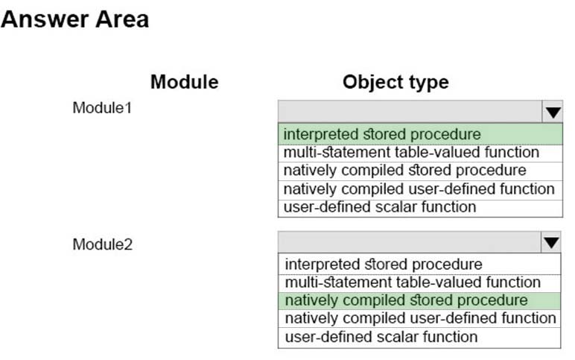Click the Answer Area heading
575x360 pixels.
pyautogui.click(x=74, y=19)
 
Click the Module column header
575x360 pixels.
pyautogui.click(x=185, y=81)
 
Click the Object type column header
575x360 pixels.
pyautogui.click(x=395, y=82)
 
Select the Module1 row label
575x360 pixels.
pyautogui.click(x=102, y=108)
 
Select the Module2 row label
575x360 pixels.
pyautogui.click(x=102, y=244)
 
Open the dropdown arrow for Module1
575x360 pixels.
pyautogui.click(x=553, y=112)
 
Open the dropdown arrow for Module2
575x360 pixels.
pyautogui.click(x=551, y=242)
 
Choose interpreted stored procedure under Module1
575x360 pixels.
pyautogui.click(x=382, y=134)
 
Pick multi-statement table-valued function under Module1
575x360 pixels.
pyautogui.click(x=411, y=152)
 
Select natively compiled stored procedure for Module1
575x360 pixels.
pyautogui.click(x=405, y=170)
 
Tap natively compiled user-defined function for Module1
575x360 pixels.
pyautogui.click(x=419, y=189)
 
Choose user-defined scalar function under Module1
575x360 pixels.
pyautogui.click(x=380, y=207)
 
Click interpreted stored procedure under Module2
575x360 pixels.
pyautogui.click(x=384, y=265)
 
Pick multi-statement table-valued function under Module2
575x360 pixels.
pyautogui.click(x=413, y=282)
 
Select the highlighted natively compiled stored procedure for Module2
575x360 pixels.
pyautogui.click(x=407, y=300)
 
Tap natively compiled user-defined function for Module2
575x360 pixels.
pyautogui.click(x=420, y=318)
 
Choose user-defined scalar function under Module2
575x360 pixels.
pyautogui.click(x=381, y=337)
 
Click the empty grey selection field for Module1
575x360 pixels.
pyautogui.click(x=410, y=112)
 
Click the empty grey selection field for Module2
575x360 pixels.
pyautogui.click(x=409, y=242)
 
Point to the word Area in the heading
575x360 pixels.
pyautogui.click(x=122, y=19)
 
